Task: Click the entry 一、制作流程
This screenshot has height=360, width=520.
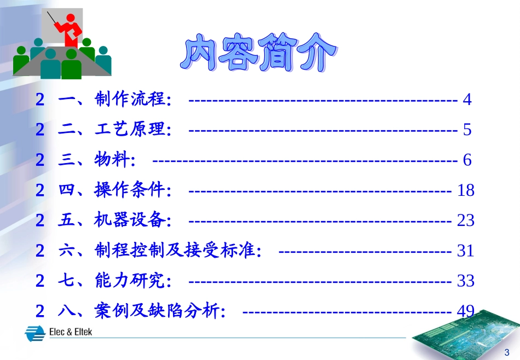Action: click(x=114, y=100)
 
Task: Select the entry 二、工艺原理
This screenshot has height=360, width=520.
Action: click(x=114, y=130)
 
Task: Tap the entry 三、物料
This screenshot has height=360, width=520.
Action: click(x=96, y=160)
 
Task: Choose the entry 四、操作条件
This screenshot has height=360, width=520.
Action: click(x=114, y=190)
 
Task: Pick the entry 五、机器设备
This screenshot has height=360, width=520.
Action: click(x=114, y=220)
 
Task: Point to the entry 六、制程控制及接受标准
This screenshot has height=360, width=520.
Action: click(x=159, y=251)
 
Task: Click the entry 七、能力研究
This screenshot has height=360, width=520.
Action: click(x=114, y=281)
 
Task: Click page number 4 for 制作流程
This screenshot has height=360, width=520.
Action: click(x=467, y=100)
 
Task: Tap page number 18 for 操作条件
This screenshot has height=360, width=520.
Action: click(x=465, y=190)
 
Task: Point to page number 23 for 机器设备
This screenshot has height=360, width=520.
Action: click(x=465, y=220)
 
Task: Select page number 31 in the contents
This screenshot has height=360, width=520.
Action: click(x=465, y=251)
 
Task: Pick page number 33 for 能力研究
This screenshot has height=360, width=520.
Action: click(x=465, y=281)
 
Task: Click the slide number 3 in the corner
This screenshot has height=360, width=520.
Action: click(x=506, y=351)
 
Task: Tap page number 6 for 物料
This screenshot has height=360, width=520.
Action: click(x=467, y=160)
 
